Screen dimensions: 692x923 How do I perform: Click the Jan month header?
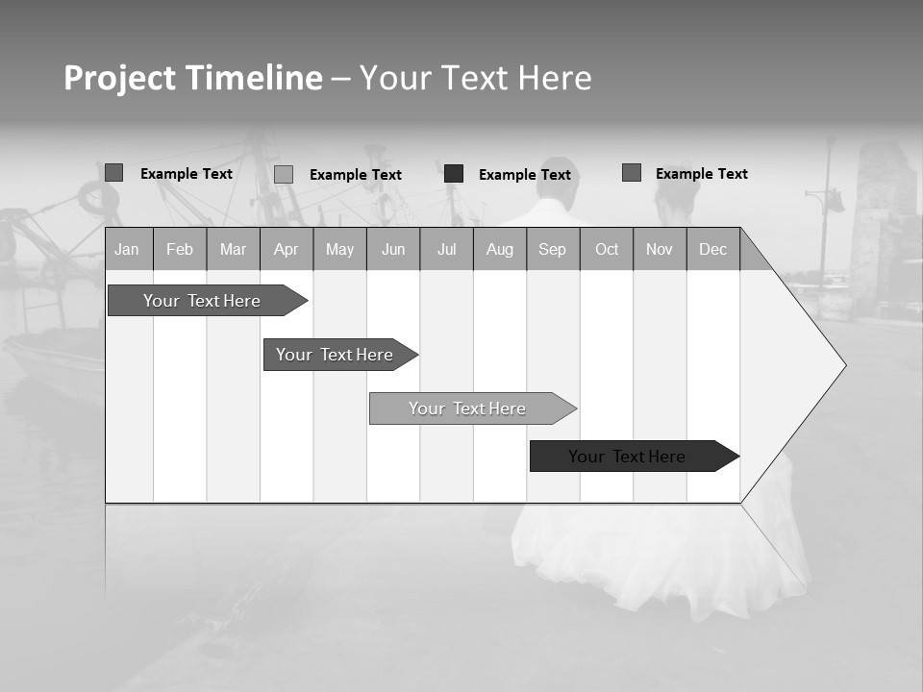click(127, 249)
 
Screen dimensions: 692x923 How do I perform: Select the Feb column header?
click(180, 249)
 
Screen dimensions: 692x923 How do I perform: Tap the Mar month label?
click(233, 249)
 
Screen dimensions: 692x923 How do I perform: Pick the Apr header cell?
click(287, 249)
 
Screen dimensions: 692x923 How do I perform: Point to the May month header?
click(339, 249)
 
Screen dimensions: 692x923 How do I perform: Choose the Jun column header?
click(393, 249)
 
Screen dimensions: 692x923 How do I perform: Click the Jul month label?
click(446, 249)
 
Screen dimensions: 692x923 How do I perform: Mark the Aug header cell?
click(500, 249)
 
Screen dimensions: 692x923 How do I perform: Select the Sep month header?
click(553, 249)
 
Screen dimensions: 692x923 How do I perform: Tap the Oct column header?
click(607, 249)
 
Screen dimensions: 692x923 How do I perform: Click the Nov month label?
click(660, 249)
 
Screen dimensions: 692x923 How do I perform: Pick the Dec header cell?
click(713, 249)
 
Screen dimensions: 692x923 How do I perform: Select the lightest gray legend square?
click(284, 174)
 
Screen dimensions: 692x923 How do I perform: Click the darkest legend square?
click(454, 174)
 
